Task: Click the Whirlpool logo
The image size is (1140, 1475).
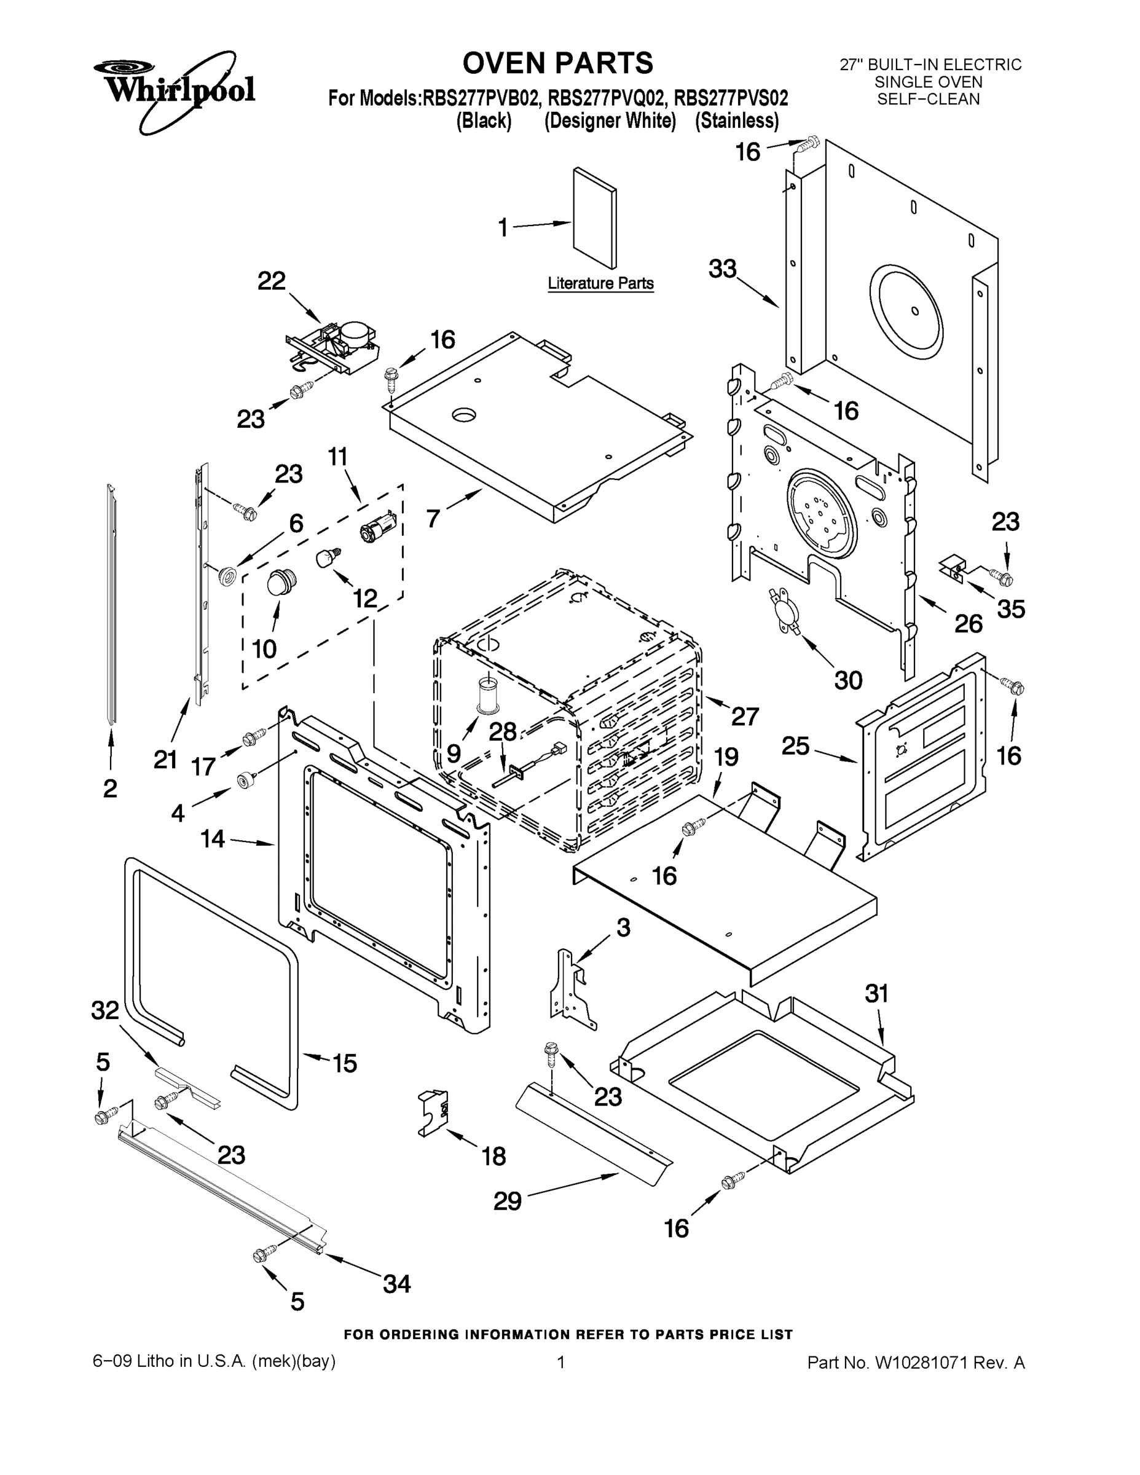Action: point(175,90)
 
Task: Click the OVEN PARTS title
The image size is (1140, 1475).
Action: point(558,63)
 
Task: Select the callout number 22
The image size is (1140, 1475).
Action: point(272,281)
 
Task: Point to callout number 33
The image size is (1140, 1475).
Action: point(723,269)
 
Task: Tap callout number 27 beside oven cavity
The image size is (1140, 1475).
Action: point(745,716)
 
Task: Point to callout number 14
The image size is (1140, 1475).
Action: point(213,839)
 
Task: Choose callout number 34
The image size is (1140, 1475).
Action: point(396,1283)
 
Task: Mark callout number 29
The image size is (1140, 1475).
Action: point(507,1201)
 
